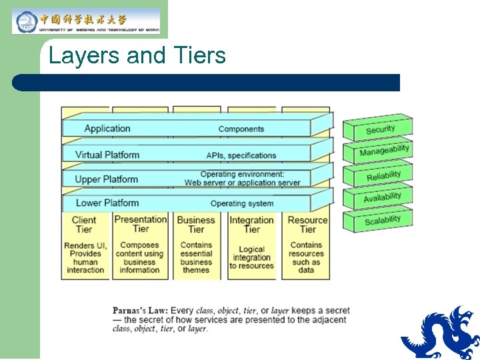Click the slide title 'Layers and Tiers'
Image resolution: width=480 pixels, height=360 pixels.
[x=137, y=56]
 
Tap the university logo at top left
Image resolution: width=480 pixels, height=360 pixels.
[x=86, y=21]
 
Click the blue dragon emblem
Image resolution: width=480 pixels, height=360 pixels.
[x=441, y=333]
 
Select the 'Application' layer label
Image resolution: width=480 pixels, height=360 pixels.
[x=107, y=129]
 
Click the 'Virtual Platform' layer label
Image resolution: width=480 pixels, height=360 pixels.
[x=107, y=155]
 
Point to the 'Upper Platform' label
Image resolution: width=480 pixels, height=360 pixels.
[x=106, y=179]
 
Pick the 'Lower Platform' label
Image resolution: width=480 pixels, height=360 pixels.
[x=107, y=203]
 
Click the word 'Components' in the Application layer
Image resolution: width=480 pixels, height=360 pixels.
[x=241, y=129]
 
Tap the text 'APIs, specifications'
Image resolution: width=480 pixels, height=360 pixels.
[x=241, y=155]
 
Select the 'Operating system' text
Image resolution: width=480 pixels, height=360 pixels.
[x=241, y=203]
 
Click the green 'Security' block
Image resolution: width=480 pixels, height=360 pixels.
[x=379, y=129]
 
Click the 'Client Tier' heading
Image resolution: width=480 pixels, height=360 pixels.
[x=84, y=225]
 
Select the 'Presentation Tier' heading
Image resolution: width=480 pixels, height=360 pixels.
[x=140, y=224]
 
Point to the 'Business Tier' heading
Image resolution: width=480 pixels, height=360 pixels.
[x=196, y=225]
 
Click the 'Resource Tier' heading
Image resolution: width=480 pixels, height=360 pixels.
[x=307, y=225]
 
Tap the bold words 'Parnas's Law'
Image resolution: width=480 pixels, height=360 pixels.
[x=139, y=311]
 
